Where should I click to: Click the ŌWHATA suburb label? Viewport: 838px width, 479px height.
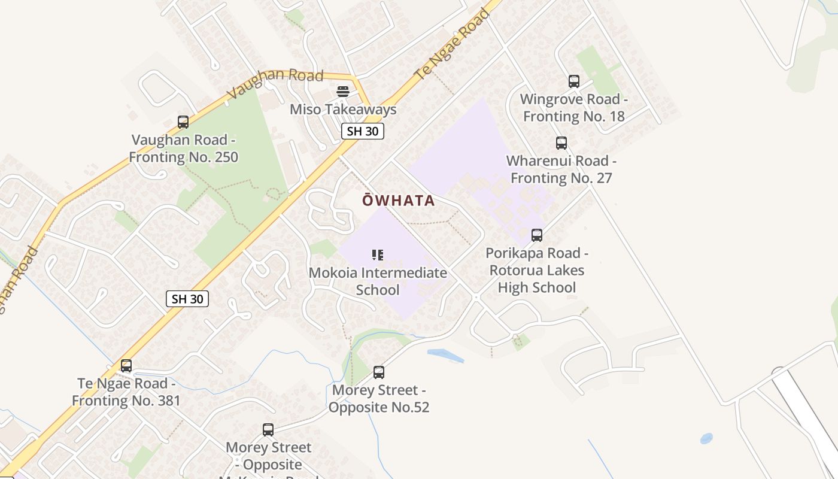[399, 201]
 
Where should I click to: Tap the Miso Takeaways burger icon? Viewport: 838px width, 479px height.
[343, 92]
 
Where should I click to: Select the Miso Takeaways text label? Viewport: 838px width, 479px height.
[343, 110]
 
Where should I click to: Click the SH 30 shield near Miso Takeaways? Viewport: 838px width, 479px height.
[363, 131]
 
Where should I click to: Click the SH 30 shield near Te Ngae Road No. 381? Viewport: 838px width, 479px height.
[187, 299]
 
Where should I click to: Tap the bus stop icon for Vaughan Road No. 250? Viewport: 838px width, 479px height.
[183, 122]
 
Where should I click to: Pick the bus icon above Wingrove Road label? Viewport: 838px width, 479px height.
[574, 81]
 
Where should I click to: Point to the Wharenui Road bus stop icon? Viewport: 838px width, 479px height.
[561, 143]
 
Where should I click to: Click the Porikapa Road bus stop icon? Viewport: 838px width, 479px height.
[537, 235]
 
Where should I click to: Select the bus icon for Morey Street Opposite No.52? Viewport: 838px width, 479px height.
[379, 372]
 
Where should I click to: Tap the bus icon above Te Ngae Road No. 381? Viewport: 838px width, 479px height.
[126, 366]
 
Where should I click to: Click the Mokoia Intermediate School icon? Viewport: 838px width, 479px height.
[378, 256]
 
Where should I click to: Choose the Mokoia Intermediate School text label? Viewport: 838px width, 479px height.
[378, 281]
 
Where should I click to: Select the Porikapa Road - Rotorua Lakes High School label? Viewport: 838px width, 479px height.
[537, 270]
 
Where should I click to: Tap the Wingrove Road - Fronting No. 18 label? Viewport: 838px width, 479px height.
[574, 108]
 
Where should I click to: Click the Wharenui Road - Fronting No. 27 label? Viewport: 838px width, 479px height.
[561, 169]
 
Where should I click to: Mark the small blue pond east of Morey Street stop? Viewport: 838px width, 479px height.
[446, 356]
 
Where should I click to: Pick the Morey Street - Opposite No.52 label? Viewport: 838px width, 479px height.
[379, 399]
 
